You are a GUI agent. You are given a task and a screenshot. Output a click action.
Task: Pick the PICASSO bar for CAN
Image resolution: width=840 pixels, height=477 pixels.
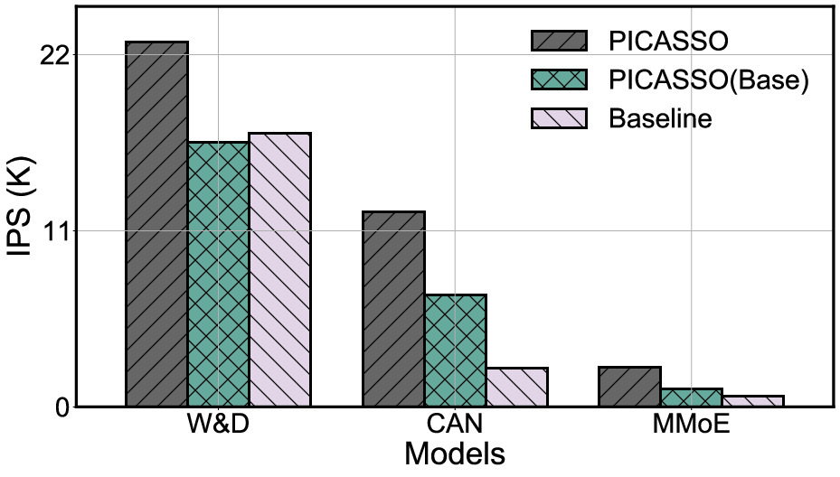pyautogui.click(x=393, y=308)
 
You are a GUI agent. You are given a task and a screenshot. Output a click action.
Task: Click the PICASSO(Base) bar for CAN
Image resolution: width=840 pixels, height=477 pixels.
pyautogui.click(x=455, y=350)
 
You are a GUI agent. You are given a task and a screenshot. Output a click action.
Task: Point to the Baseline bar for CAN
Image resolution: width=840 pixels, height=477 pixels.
pyautogui.click(x=516, y=387)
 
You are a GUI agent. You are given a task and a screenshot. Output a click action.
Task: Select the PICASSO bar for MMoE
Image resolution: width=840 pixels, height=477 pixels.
pyautogui.click(x=629, y=386)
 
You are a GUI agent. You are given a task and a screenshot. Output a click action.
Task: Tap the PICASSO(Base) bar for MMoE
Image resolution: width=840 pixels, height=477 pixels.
pyautogui.click(x=691, y=397)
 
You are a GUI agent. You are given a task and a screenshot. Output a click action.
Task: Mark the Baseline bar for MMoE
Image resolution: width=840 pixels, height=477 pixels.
pyautogui.click(x=752, y=400)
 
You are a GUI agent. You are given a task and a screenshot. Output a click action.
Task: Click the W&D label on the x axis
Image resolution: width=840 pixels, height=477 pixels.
pyautogui.click(x=219, y=425)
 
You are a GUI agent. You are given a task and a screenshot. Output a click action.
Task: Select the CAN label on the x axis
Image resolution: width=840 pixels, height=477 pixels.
pyautogui.click(x=455, y=425)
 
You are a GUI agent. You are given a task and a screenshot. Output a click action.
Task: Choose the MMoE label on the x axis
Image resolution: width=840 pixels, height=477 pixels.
pyautogui.click(x=691, y=425)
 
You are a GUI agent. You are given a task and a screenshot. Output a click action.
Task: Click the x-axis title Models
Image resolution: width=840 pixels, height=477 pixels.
pyautogui.click(x=454, y=453)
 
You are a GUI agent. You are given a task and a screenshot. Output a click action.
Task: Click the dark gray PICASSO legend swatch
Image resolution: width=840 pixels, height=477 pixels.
pyautogui.click(x=559, y=42)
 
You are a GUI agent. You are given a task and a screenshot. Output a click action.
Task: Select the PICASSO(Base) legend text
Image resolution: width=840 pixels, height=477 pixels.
pyautogui.click(x=706, y=79)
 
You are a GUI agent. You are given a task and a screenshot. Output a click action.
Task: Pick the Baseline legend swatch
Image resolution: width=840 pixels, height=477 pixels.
pyautogui.click(x=559, y=118)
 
